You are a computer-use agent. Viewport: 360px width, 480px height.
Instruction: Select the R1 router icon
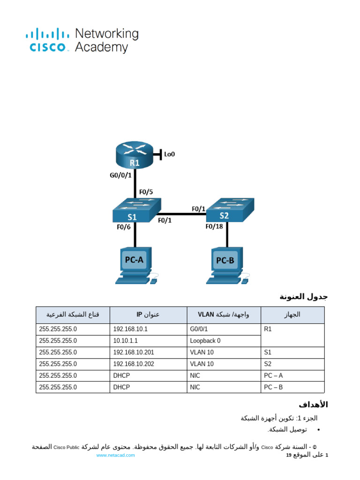click(x=135, y=155)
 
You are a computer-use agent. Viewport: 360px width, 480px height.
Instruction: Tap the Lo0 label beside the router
click(x=169, y=153)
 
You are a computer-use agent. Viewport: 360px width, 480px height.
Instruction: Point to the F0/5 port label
click(x=146, y=192)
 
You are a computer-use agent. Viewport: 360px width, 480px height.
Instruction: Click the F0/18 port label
click(x=214, y=226)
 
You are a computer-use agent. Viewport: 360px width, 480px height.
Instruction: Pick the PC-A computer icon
click(x=135, y=265)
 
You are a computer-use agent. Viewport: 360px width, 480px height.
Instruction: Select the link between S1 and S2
click(x=183, y=214)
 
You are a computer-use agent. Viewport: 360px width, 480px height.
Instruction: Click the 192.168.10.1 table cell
click(x=130, y=329)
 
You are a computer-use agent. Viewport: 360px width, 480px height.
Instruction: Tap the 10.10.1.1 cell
click(x=125, y=341)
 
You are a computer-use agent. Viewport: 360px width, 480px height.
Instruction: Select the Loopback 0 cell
click(x=205, y=341)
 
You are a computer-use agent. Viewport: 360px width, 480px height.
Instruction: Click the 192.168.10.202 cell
click(x=134, y=364)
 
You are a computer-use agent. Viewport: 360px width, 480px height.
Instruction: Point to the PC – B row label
click(x=273, y=387)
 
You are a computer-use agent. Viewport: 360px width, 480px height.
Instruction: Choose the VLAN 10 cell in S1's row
click(x=202, y=352)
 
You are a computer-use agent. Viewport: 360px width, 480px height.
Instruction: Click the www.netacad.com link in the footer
click(x=115, y=455)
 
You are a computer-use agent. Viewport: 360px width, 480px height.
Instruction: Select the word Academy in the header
click(x=102, y=47)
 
